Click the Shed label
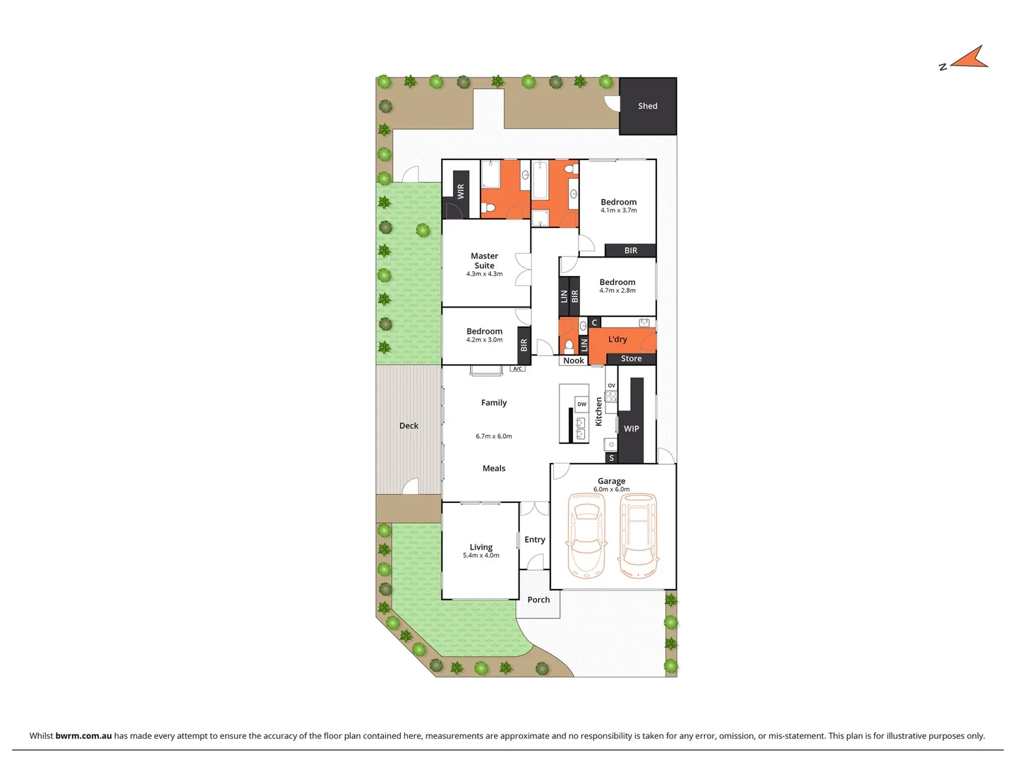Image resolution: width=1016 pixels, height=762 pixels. pyautogui.click(x=648, y=106)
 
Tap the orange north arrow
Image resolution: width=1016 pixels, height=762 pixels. pyautogui.click(x=970, y=59)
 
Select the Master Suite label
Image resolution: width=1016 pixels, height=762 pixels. pyautogui.click(x=485, y=260)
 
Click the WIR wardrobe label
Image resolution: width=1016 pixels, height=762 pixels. pyautogui.click(x=461, y=191)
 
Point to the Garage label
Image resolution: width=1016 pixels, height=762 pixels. pyautogui.click(x=611, y=480)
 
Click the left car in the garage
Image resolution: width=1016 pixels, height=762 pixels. pyautogui.click(x=586, y=534)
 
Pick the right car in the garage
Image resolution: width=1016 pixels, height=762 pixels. pyautogui.click(x=639, y=535)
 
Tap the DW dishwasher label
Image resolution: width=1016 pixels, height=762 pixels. pyautogui.click(x=581, y=404)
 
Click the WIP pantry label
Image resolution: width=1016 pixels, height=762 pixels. pyautogui.click(x=631, y=428)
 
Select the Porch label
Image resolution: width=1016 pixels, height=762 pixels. pyautogui.click(x=538, y=600)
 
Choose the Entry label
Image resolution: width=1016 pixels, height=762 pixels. pyautogui.click(x=535, y=540)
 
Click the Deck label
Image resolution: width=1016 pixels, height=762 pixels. pyautogui.click(x=409, y=425)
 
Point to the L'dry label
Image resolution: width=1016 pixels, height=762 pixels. pyautogui.click(x=617, y=339)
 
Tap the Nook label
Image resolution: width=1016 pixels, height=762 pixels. pyautogui.click(x=574, y=361)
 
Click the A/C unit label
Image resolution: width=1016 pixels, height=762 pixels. pyautogui.click(x=518, y=369)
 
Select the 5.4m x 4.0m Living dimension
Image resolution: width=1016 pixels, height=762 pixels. pyautogui.click(x=481, y=556)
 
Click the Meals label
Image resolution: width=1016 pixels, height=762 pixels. pyautogui.click(x=494, y=468)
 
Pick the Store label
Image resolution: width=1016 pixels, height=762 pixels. pyautogui.click(x=631, y=358)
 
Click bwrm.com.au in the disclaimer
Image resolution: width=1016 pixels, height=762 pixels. pyautogui.click(x=83, y=735)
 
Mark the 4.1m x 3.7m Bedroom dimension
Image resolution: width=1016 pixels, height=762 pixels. pyautogui.click(x=619, y=210)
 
